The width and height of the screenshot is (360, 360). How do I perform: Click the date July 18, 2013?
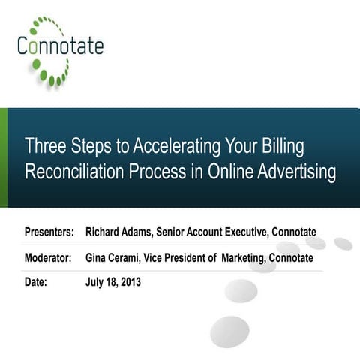pos(113,283)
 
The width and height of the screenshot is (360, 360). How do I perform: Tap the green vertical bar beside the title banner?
pos(4,157)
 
